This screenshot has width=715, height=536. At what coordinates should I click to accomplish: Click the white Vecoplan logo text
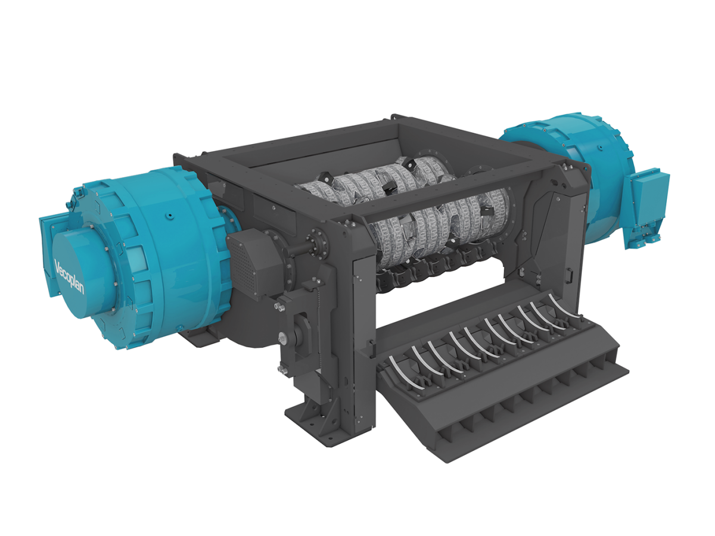69,276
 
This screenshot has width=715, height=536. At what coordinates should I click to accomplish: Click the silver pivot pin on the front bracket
283,338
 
